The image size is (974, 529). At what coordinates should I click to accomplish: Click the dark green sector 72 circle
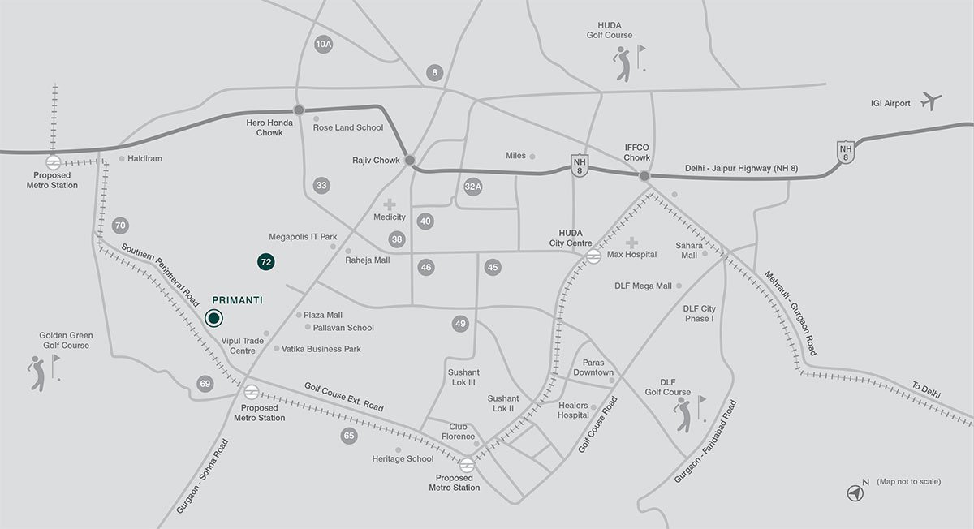pos(265,261)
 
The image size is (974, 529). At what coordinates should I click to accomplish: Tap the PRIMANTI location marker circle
pos(213,318)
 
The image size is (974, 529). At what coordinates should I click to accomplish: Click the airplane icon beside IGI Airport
pos(932,102)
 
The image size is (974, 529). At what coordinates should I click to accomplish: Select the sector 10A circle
pos(324,45)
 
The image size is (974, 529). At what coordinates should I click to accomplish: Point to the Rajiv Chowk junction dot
pos(410,161)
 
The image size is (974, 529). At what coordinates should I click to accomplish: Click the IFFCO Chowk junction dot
pos(644,175)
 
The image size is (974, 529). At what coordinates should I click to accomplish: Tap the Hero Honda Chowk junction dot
pos(299,110)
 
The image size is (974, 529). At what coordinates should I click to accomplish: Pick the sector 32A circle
pos(473,187)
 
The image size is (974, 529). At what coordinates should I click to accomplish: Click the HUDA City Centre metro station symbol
pos(593,255)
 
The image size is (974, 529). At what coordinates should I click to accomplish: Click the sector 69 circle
pos(205,383)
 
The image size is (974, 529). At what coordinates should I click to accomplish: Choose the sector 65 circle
pos(349,436)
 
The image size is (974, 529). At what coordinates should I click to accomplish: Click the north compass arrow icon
pos(855,491)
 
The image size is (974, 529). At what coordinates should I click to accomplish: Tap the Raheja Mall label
pos(368,260)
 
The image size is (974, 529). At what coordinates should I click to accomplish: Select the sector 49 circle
pos(461,324)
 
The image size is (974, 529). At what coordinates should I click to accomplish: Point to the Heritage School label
pos(403,459)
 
